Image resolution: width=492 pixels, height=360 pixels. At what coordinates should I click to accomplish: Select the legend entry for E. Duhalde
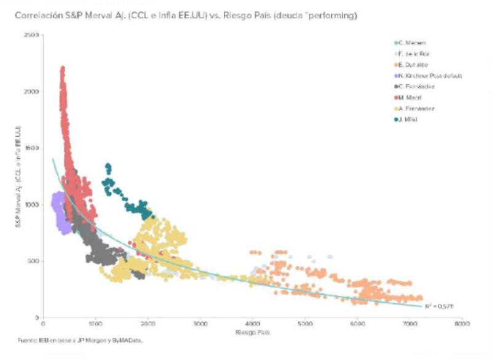click(x=411, y=65)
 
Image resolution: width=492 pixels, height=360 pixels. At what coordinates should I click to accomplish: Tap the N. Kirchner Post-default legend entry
click(x=427, y=76)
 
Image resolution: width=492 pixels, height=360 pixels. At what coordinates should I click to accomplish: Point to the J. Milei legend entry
click(x=407, y=119)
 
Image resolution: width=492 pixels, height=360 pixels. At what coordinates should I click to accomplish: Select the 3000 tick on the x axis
click(x=199, y=323)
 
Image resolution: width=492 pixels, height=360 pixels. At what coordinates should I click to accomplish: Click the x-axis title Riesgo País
click(x=250, y=332)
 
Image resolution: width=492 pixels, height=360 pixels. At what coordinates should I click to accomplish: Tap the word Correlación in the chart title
click(x=35, y=15)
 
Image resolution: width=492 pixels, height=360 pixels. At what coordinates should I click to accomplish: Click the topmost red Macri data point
click(x=63, y=68)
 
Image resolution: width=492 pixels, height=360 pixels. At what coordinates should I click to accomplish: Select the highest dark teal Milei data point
click(x=108, y=165)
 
